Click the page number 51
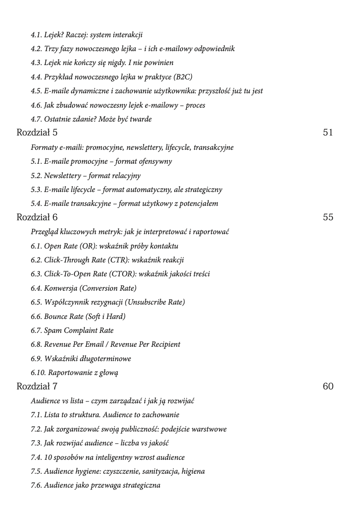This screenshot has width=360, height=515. [328, 133]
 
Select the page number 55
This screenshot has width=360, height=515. [328, 218]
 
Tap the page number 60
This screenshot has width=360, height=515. [328, 387]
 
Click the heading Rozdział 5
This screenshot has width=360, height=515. [37, 133]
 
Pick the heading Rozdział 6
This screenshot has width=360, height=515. [37, 218]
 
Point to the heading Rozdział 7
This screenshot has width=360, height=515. [37, 387]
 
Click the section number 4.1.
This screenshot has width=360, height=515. [36, 35]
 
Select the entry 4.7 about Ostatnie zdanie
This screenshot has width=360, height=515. [91, 119]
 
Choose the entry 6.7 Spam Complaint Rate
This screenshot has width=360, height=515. [72, 331]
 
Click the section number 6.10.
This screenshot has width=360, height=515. [38, 373]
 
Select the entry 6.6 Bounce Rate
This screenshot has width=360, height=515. [78, 317]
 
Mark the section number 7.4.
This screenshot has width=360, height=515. [36, 458]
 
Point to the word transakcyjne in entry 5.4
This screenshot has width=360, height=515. [92, 204]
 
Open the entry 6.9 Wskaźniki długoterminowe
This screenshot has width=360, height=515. [81, 359]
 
